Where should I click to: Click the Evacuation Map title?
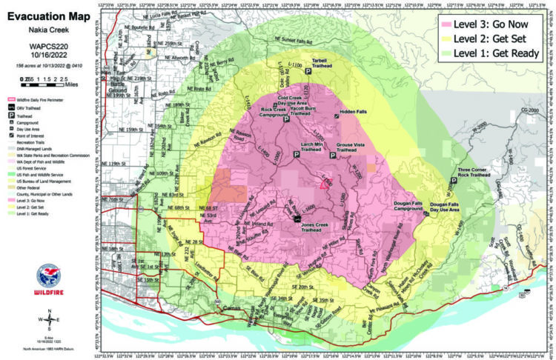(x=51, y=16)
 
